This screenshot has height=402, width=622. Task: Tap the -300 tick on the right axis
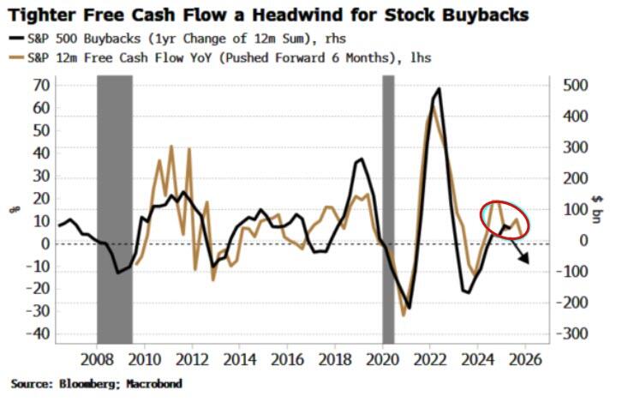[x=572, y=333]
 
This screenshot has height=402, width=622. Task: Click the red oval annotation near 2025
[x=504, y=218]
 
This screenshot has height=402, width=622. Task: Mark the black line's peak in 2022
[x=440, y=89]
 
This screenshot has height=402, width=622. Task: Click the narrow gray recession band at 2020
[x=387, y=206]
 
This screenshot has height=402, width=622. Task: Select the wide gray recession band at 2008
[x=114, y=206]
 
